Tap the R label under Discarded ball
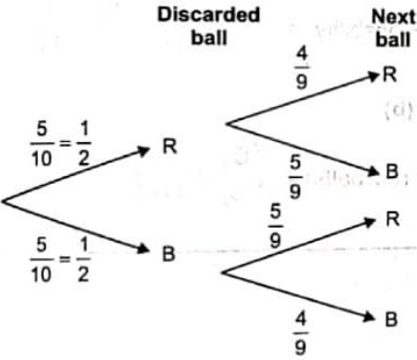point(169,147)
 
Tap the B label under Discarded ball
point(169,254)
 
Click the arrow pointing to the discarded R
point(76,174)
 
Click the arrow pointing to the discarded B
point(76,227)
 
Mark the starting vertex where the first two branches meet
point(4,200)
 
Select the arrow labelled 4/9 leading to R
point(300,98)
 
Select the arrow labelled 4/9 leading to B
point(300,296)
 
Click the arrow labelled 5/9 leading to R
point(300,245)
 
